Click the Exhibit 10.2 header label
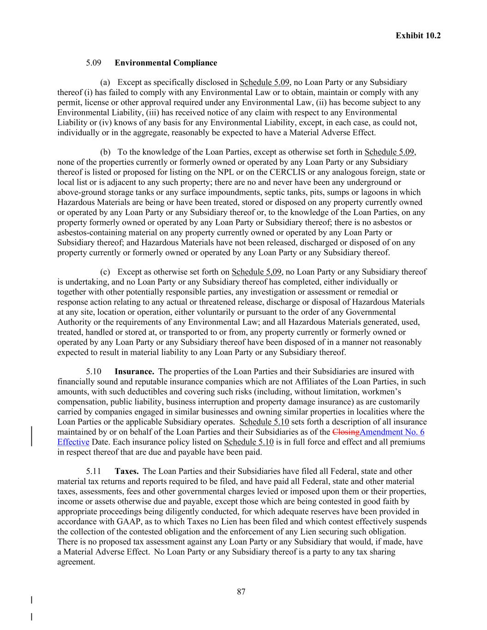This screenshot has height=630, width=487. click(x=418, y=36)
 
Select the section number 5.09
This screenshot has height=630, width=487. click(x=93, y=63)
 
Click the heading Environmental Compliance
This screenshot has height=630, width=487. click(x=166, y=63)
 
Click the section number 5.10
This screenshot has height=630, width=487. click(x=93, y=372)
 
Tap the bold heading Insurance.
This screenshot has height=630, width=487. click(x=134, y=372)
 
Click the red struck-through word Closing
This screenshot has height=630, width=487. click(x=346, y=432)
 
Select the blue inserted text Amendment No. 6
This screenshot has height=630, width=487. click(x=392, y=432)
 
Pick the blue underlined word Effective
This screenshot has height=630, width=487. click(x=73, y=442)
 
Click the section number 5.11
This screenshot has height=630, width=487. click(x=93, y=471)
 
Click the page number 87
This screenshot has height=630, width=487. click(x=241, y=592)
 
